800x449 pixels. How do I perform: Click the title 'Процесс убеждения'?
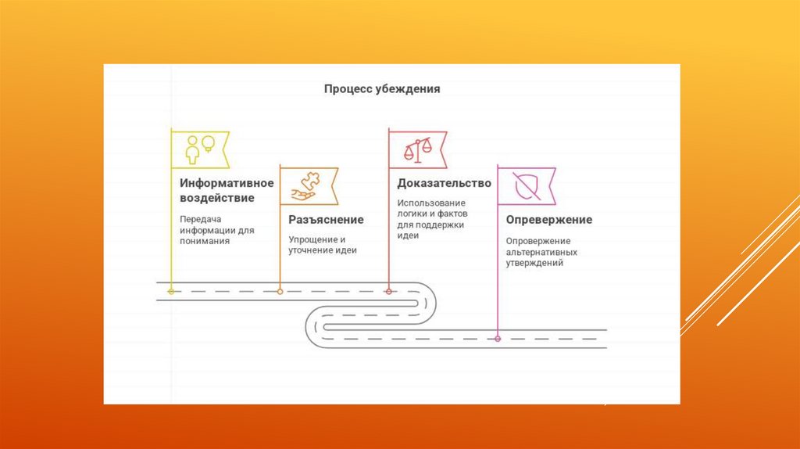382,89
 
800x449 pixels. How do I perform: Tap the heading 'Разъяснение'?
326,220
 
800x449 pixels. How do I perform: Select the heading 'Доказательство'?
444,183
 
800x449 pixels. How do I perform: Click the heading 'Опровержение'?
548,220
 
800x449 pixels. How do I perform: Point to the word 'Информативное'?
227,183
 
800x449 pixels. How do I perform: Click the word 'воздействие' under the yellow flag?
216,198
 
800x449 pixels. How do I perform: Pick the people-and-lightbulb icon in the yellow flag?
200,148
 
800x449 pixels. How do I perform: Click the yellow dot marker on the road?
171,291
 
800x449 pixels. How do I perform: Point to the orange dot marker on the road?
280,291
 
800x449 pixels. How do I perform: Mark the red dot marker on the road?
388,291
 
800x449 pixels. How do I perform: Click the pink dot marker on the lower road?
498,339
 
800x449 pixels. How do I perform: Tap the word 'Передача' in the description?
196,220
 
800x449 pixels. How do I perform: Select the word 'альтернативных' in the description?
541,253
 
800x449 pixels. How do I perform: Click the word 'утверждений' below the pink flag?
534,264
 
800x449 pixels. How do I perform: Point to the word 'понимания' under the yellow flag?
204,242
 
